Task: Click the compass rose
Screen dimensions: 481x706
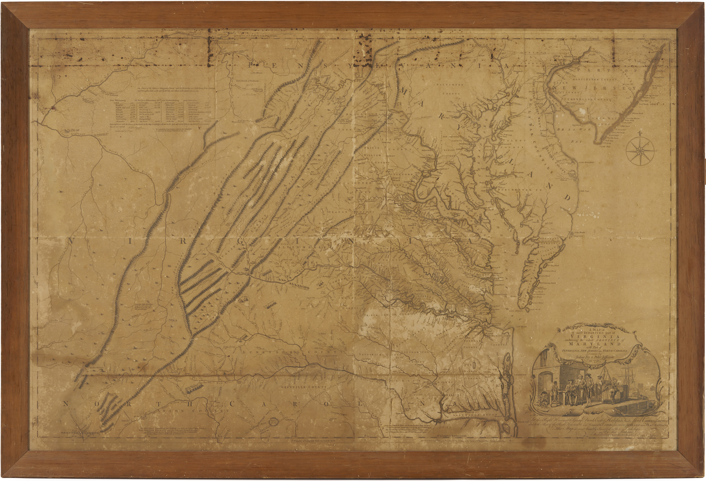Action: coord(640,150)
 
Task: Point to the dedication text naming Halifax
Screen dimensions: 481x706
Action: coord(593,420)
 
